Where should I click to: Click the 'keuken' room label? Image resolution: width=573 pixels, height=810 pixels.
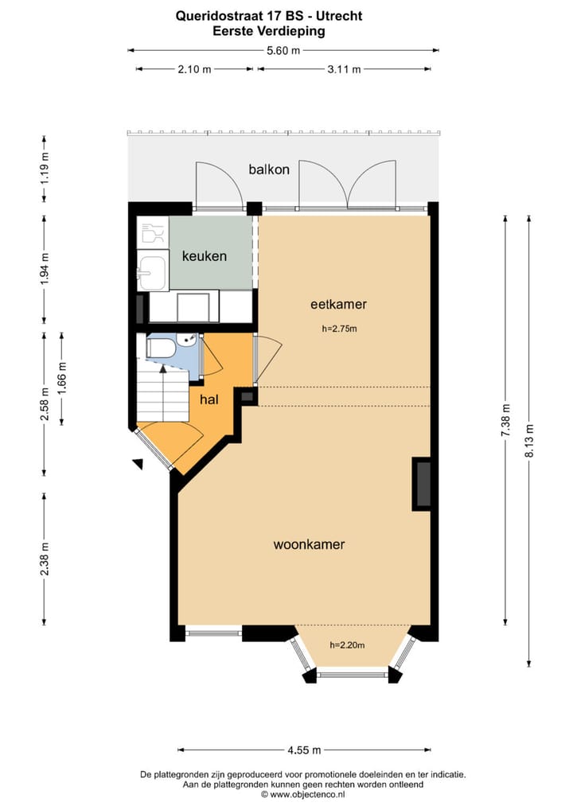[x=205, y=256]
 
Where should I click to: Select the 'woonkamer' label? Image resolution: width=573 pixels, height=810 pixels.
[x=309, y=545]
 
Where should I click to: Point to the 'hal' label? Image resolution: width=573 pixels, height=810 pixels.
[x=209, y=399]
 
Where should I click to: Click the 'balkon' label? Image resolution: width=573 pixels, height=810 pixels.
[x=269, y=169]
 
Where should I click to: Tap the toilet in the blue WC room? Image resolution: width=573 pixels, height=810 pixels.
[x=162, y=349]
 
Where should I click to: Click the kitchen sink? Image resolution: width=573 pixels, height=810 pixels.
[x=152, y=271]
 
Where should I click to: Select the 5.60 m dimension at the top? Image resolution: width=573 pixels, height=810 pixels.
[x=283, y=50]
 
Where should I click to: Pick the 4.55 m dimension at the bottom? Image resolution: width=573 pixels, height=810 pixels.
[x=303, y=750]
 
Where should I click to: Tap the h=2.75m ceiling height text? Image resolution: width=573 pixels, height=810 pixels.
[x=338, y=328]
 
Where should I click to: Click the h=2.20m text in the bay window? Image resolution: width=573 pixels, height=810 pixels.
[x=347, y=645]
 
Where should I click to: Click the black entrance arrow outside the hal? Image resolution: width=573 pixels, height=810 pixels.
[x=138, y=464]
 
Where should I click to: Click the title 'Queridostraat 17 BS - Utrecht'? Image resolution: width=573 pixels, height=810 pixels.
[x=269, y=15]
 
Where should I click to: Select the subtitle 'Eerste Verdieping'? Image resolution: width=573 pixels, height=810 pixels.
[x=269, y=31]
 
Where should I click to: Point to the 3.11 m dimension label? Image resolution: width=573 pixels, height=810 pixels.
[x=344, y=69]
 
